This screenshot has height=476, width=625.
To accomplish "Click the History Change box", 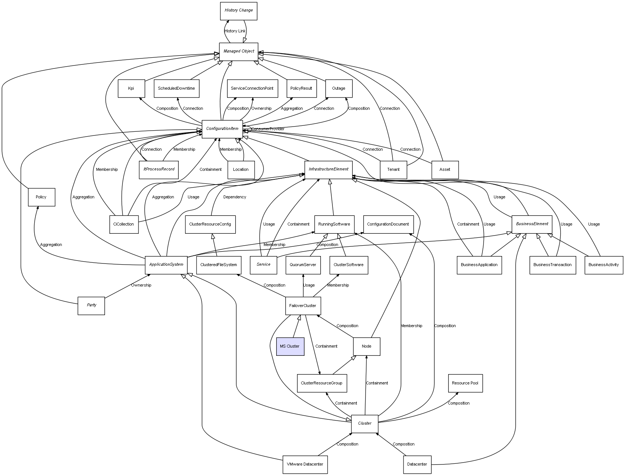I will pyautogui.click(x=238, y=11).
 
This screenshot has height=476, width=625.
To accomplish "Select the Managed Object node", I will pyautogui.click(x=239, y=51).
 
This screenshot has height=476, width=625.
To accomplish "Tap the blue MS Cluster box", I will pyautogui.click(x=290, y=346).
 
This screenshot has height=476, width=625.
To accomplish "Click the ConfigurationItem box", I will pyautogui.click(x=222, y=129).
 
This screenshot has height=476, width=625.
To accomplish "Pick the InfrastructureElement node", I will pyautogui.click(x=328, y=169).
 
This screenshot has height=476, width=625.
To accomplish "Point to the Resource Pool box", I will pyautogui.click(x=465, y=383).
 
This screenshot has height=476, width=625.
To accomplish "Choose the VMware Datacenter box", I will pyautogui.click(x=305, y=464).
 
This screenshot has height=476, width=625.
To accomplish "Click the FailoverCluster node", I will pyautogui.click(x=303, y=306).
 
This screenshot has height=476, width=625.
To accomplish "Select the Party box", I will pyautogui.click(x=91, y=305).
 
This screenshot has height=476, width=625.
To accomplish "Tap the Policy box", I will pyautogui.click(x=41, y=197).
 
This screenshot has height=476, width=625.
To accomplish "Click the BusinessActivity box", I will pyautogui.click(x=603, y=265).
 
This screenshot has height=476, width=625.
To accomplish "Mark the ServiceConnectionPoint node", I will pyautogui.click(x=252, y=89).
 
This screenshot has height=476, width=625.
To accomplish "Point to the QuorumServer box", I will pyautogui.click(x=303, y=265).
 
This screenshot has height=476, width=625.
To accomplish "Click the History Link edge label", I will pyautogui.click(x=235, y=31).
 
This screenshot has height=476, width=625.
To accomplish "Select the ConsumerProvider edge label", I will pyautogui.click(x=268, y=129).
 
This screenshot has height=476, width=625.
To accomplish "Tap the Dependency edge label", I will pyautogui.click(x=235, y=197).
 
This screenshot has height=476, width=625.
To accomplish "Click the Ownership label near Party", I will pyautogui.click(x=141, y=285).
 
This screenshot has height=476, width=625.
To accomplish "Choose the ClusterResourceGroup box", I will pyautogui.click(x=322, y=383).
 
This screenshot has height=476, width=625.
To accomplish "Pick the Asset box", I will pyautogui.click(x=445, y=170).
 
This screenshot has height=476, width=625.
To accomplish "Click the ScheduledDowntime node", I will pyautogui.click(x=176, y=89).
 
